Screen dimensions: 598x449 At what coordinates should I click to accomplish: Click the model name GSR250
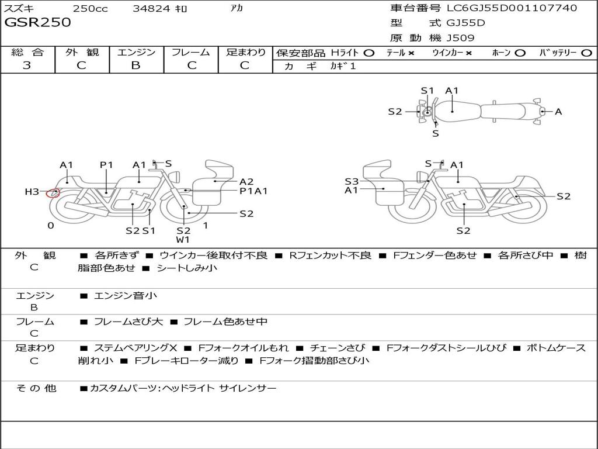38,23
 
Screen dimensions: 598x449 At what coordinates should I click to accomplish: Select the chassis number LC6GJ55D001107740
512,8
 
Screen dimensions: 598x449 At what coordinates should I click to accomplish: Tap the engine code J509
460,38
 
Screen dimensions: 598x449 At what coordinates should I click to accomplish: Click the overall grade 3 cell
27,65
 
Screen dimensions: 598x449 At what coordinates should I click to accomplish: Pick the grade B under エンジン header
135,65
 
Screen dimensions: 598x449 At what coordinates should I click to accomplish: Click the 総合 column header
27,52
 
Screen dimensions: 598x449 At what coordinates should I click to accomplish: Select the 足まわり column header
245,52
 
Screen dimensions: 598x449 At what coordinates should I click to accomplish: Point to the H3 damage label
32,192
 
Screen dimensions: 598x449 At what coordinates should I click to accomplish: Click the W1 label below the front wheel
183,240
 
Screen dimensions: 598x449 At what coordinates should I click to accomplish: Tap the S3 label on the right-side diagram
351,181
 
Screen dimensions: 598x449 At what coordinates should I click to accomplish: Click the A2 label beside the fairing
246,181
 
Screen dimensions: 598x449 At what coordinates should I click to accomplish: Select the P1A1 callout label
253,191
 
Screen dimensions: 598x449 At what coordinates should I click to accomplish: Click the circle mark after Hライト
369,53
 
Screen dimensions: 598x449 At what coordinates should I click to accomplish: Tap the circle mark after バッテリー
586,53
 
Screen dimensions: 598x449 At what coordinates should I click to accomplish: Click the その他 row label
36,388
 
